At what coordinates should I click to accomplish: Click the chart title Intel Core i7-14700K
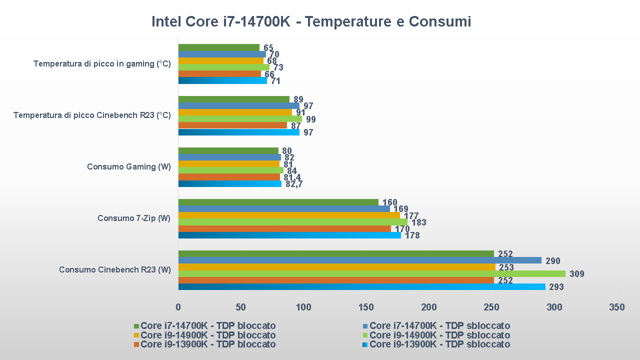tap(311, 22)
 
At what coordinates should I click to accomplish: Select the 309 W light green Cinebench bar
tap(371, 273)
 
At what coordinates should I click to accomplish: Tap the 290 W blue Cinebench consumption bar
tap(359, 260)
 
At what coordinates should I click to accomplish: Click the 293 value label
tap(556, 287)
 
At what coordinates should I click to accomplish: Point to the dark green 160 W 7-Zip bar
tap(278, 202)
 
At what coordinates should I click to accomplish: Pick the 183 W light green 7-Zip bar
tap(292, 222)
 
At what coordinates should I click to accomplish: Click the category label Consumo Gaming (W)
tap(128, 167)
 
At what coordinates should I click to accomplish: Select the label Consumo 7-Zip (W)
tap(134, 218)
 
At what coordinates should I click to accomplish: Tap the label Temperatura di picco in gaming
tap(102, 64)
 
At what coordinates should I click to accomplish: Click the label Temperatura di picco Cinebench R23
tap(92, 115)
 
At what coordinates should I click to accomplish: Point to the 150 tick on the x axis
tap(366, 307)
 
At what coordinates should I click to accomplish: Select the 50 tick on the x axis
tap(241, 307)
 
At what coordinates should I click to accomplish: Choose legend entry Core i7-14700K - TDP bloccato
tap(208, 326)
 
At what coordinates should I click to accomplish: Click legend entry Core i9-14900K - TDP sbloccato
tap(439, 335)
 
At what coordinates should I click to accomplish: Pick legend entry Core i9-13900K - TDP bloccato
tap(208, 344)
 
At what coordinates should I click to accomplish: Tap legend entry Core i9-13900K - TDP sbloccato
tap(439, 344)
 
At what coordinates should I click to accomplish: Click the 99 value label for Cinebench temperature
tap(311, 119)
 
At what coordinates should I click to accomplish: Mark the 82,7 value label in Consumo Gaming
tap(294, 184)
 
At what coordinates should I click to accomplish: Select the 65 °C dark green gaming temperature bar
tap(218, 47)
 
